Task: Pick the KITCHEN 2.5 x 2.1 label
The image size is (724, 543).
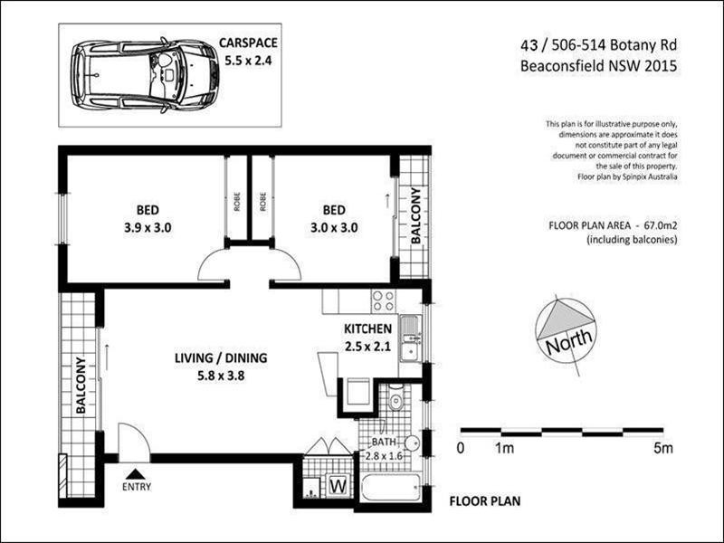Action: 367,338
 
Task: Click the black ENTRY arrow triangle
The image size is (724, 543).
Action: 136,472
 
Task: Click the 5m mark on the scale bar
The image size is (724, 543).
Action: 665,447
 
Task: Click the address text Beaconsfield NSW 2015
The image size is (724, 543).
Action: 599,65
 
